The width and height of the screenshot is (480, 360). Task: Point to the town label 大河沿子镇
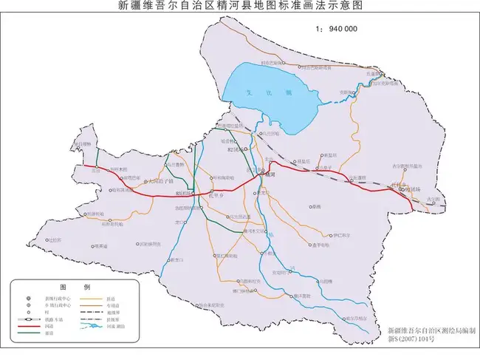point(160,181)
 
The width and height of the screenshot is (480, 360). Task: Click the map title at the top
point(240,6)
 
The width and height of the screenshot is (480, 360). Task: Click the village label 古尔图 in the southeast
point(433,200)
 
